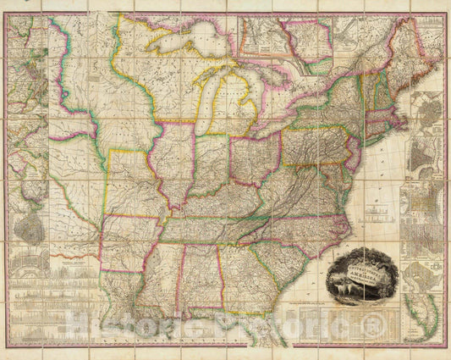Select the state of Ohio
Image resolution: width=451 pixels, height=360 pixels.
(x=255, y=158)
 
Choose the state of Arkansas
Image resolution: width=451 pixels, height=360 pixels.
(x=131, y=241)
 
